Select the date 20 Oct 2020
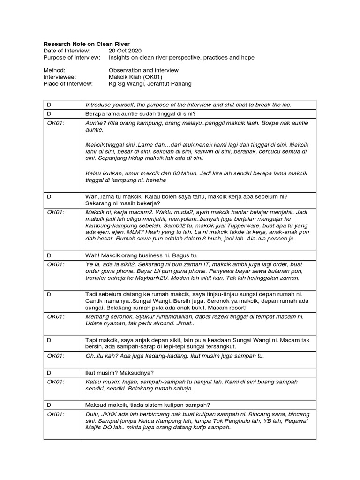point(125,50)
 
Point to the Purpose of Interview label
point(71,57)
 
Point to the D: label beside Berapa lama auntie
point(50,113)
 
